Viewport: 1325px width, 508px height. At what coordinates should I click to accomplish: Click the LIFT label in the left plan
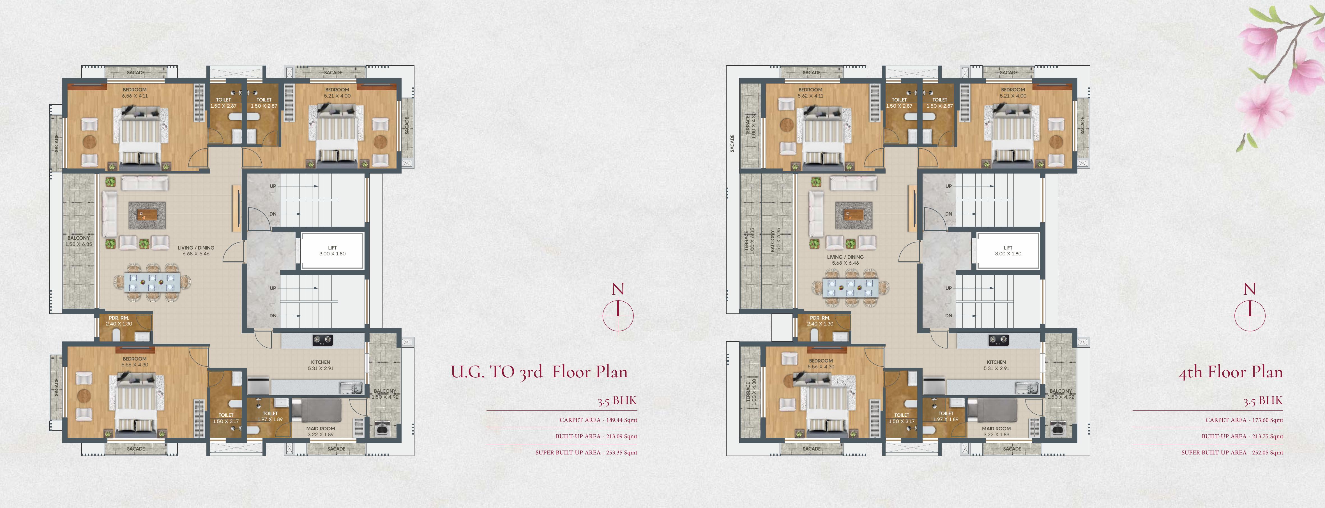pos(332,248)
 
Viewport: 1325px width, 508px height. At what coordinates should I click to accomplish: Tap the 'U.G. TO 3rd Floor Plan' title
pos(539,372)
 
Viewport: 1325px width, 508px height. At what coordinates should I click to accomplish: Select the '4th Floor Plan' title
pos(1230,372)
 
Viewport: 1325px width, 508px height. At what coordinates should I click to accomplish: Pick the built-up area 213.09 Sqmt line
pos(596,436)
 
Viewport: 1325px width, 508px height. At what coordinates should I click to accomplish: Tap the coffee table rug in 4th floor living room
pos(853,215)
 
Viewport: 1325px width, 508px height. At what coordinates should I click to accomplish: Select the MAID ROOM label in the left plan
pos(321,428)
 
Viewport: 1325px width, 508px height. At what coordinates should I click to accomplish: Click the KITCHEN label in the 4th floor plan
pos(996,362)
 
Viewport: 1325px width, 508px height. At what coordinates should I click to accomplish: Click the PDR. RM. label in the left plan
pos(119,318)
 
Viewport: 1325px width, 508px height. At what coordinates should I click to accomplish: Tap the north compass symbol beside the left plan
pos(618,315)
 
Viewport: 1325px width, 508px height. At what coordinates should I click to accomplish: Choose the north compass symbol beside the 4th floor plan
pos(1250,315)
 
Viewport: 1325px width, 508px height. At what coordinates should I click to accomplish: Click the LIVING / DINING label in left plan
pos(196,248)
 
